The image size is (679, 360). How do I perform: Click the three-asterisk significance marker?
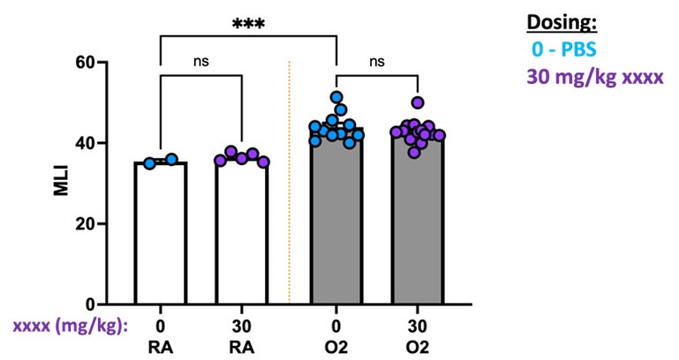248,23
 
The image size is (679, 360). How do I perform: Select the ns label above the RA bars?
200,62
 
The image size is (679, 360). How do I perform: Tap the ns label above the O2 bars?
377,62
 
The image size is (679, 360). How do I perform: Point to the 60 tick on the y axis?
85,63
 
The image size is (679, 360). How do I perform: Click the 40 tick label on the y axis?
85,143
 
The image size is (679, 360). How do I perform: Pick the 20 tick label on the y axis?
85,224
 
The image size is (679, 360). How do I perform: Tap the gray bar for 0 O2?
336,234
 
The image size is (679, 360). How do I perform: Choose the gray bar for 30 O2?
418,234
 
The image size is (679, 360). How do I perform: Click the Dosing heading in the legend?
575,24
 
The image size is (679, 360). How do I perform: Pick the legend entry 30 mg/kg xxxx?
594,77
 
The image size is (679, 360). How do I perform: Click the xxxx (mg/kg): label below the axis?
70,325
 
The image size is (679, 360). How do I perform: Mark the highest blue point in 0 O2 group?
336,97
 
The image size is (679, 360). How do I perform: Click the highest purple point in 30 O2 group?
418,102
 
